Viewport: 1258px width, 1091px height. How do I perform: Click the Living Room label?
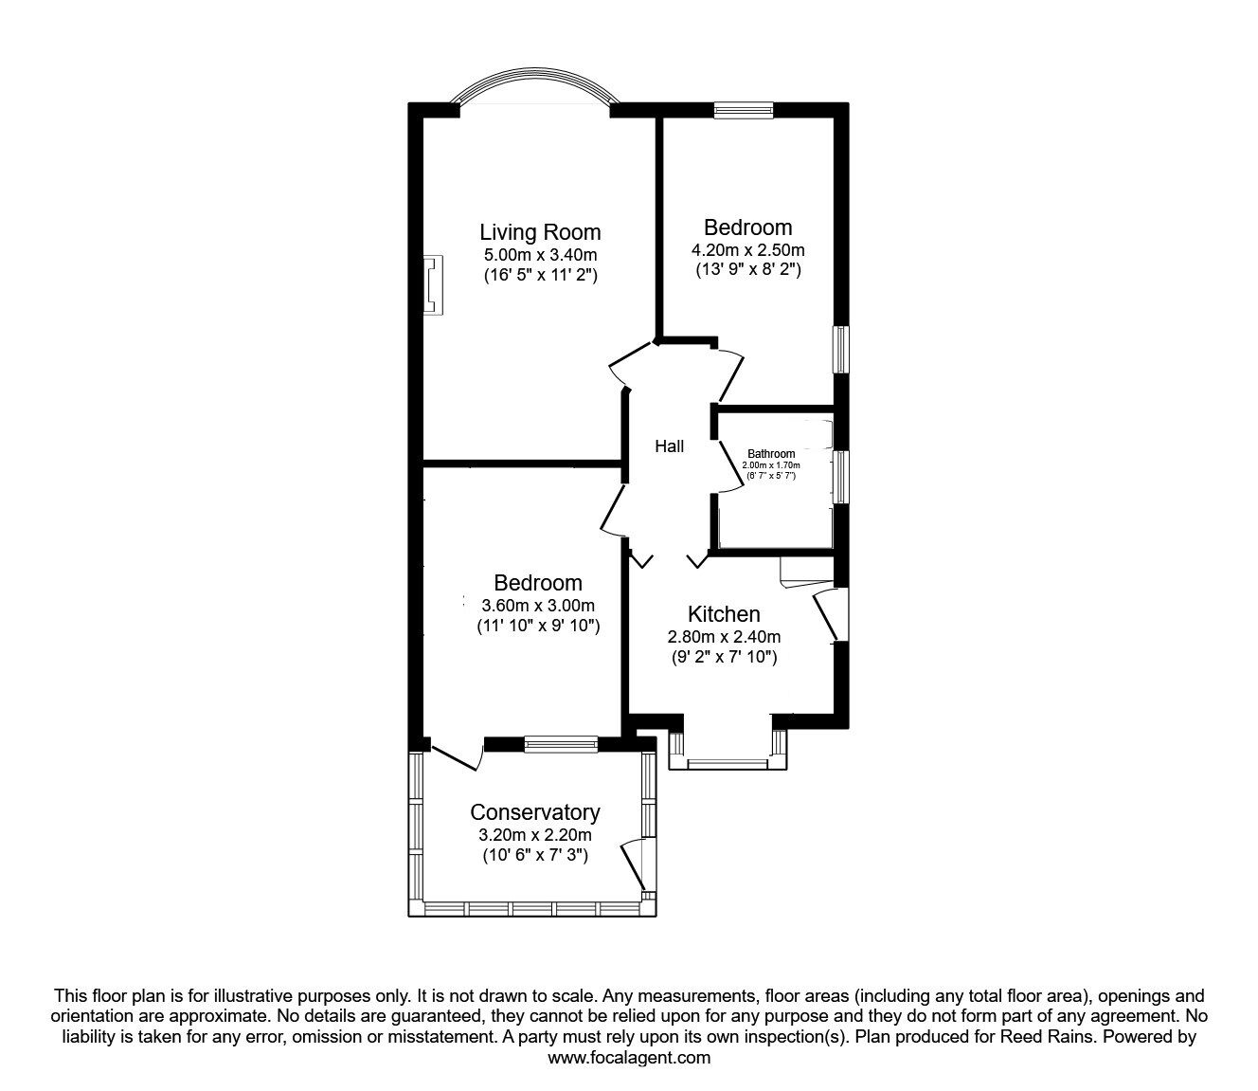[x=540, y=232]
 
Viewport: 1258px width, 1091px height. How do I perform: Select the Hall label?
[x=670, y=446]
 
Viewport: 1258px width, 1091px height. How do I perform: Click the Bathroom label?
[x=771, y=454]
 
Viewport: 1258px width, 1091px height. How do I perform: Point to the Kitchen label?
[x=724, y=614]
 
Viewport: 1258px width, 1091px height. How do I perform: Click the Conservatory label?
[x=535, y=812]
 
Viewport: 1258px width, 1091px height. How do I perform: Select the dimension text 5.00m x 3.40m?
[x=540, y=255]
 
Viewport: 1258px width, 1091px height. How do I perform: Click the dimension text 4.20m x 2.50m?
[x=748, y=250]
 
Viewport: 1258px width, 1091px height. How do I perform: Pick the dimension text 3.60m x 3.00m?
[x=538, y=606]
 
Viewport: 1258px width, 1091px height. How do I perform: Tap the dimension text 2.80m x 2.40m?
[x=724, y=637]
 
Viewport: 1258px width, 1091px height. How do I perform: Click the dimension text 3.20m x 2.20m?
[x=535, y=835]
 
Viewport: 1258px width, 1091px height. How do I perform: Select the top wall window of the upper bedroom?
[x=744, y=111]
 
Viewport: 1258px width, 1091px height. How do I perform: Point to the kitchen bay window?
[x=728, y=761]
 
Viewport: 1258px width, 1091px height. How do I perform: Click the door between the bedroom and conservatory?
[x=457, y=755]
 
